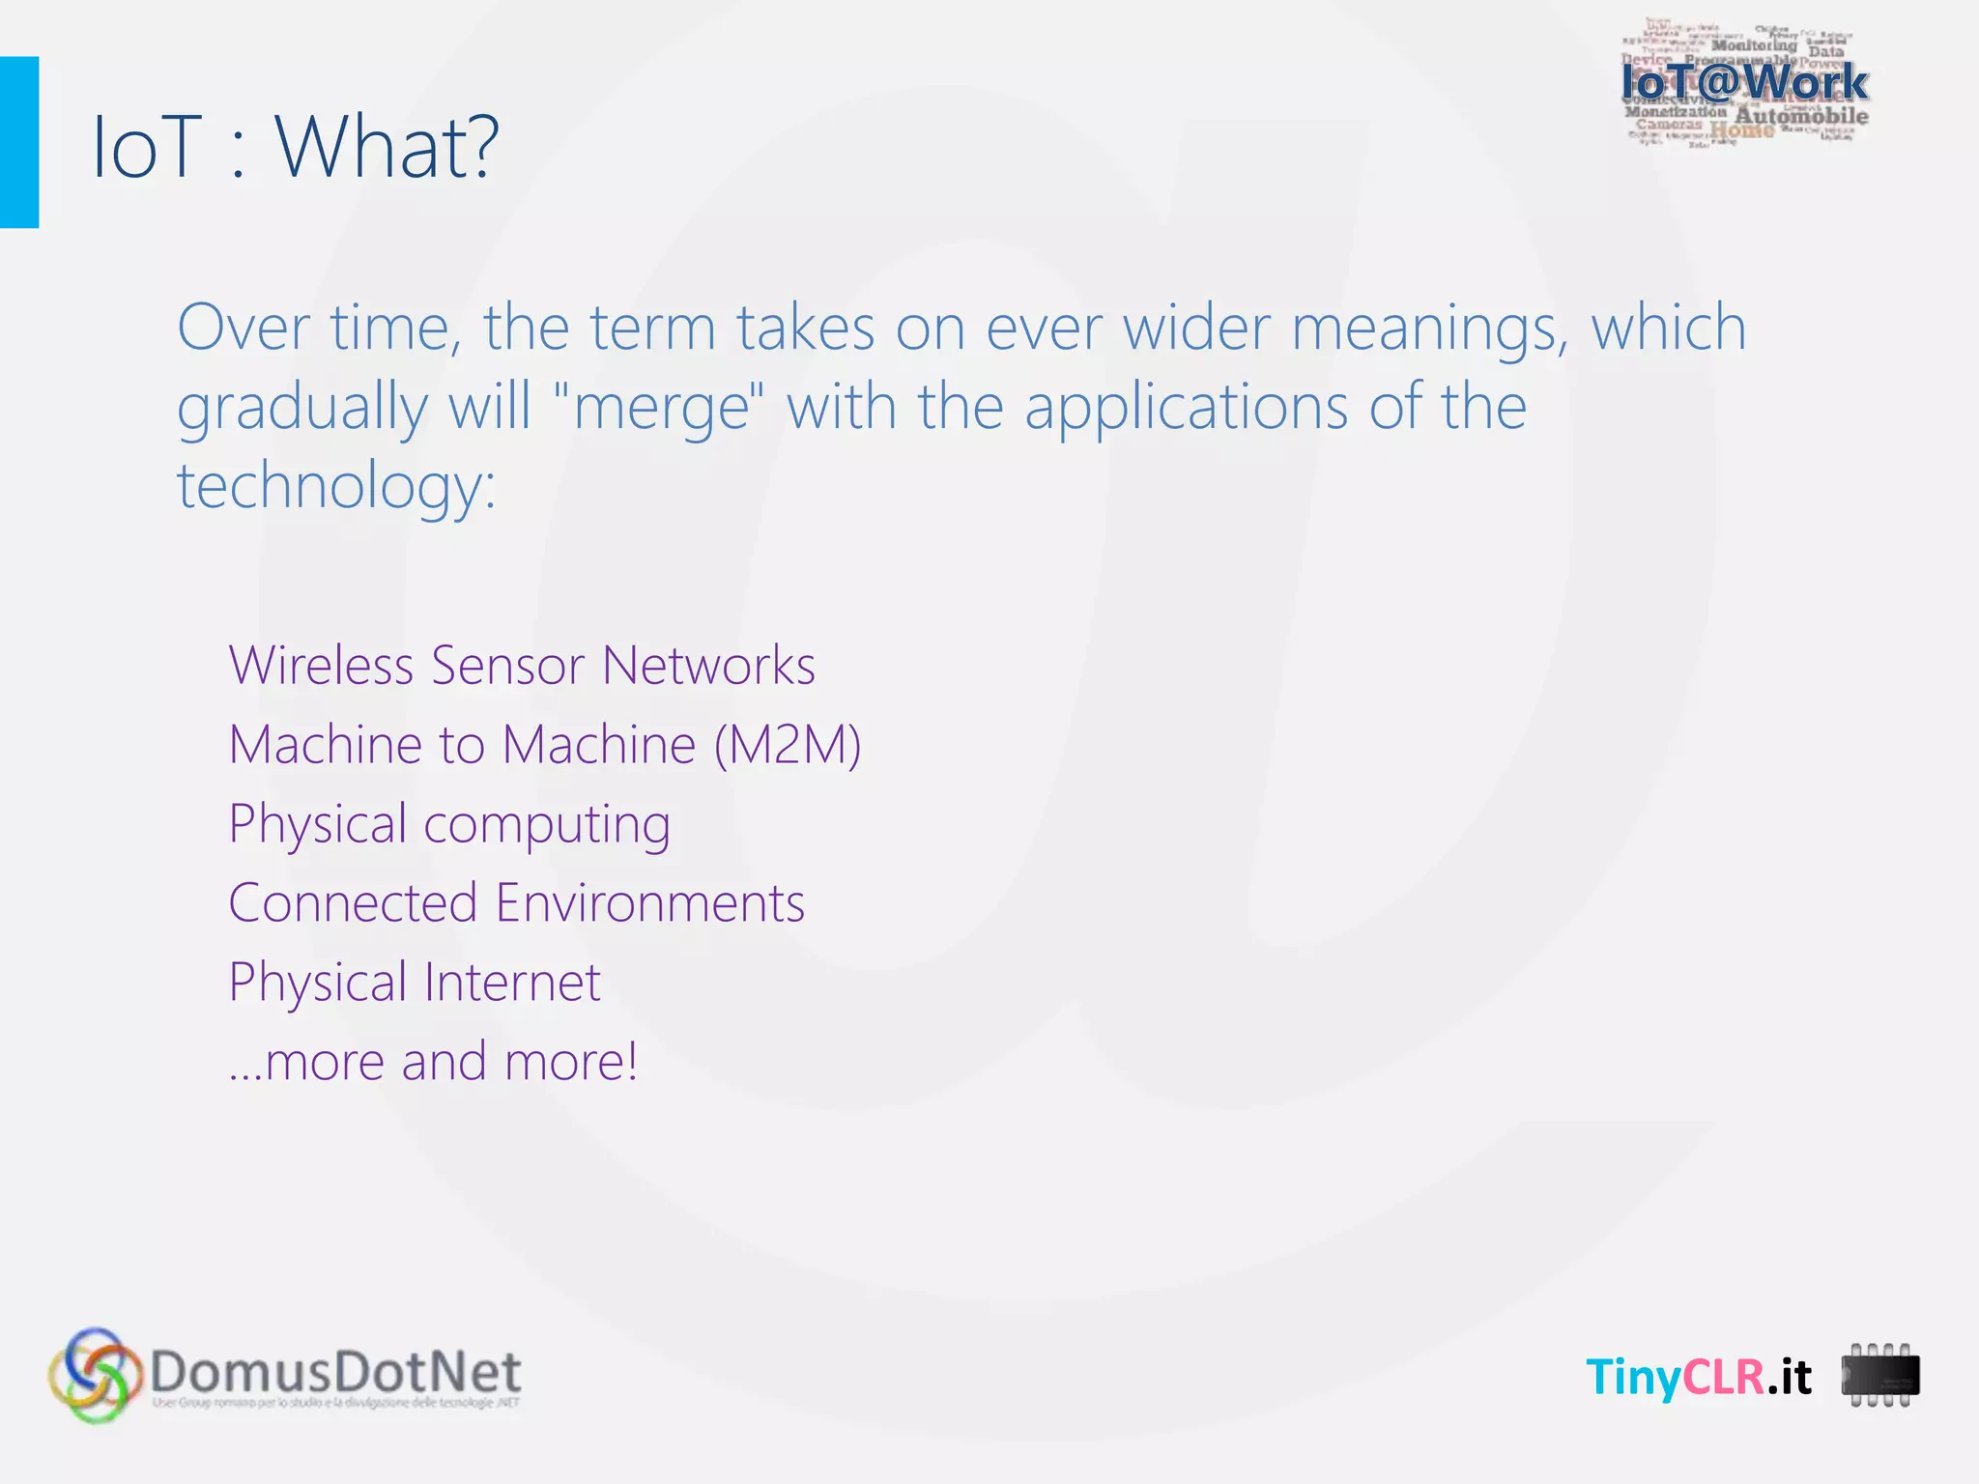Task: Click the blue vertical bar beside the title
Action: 18,142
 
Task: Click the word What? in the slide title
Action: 387,147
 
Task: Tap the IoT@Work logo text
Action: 1744,82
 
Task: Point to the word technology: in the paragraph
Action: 335,485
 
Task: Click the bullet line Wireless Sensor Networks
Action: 522,666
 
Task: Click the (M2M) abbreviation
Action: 788,745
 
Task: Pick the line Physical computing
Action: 449,824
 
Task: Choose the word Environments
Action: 649,903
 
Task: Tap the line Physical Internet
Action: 415,983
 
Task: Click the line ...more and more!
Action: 433,1062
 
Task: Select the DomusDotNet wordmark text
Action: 335,1372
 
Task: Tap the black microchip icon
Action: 1879,1375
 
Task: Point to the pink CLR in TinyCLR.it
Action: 1724,1377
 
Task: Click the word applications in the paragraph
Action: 1186,406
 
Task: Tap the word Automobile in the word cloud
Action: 1801,117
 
